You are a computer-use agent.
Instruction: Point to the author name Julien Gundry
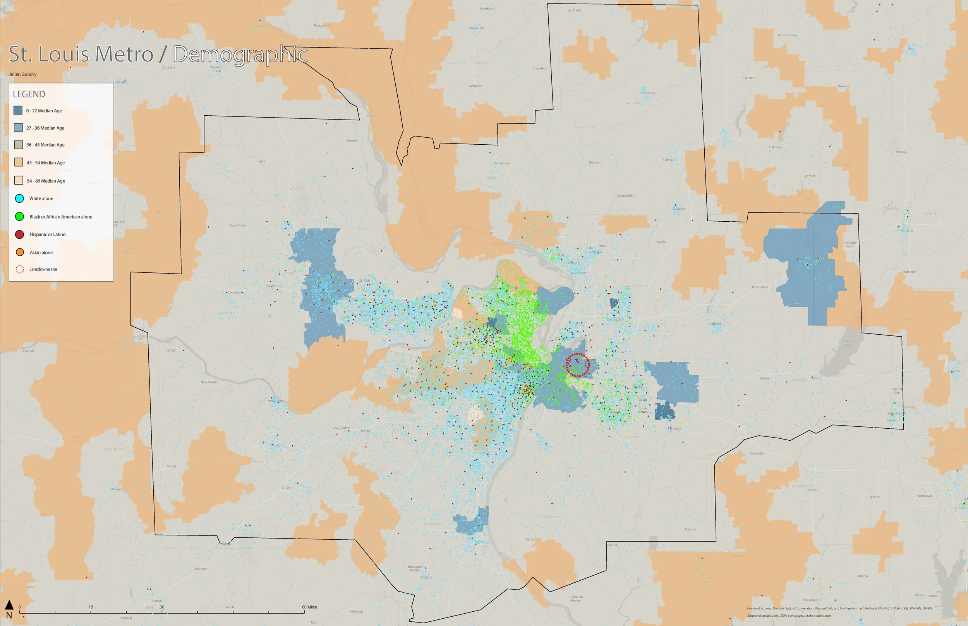[23, 74]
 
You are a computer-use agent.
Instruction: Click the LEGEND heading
[29, 94]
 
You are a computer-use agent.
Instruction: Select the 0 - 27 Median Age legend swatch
[18, 110]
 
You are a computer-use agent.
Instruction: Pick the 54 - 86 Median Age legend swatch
[19, 180]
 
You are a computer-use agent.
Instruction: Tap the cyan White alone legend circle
[19, 198]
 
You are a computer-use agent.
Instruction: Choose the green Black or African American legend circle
[19, 217]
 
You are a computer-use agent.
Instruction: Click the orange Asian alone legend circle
[19, 252]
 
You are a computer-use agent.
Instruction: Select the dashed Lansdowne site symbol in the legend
[19, 269]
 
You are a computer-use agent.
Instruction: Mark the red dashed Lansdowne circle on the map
[578, 365]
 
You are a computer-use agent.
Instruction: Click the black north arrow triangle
[9, 604]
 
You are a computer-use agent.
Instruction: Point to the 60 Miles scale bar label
[309, 607]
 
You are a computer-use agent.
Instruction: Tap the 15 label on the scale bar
[91, 607]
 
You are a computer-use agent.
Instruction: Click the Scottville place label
[575, 10]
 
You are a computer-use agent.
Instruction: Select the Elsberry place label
[352, 141]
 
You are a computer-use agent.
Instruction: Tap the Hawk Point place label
[238, 225]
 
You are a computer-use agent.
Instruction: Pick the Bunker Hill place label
[625, 195]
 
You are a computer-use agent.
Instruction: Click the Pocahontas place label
[760, 287]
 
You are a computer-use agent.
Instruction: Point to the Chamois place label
[29, 351]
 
